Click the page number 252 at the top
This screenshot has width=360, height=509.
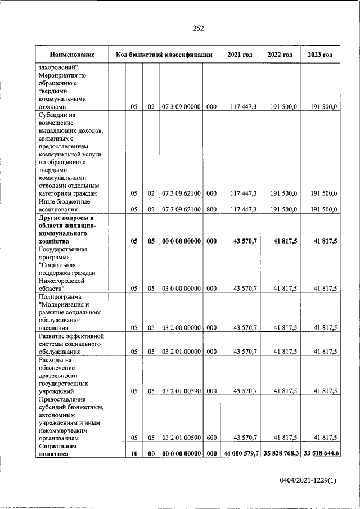[198, 29]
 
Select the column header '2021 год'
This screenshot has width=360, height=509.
[240, 55]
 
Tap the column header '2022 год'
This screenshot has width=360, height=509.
[280, 55]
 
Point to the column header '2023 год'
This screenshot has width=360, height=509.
[321, 55]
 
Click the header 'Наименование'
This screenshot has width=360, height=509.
[71, 55]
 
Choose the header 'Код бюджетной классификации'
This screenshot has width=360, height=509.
[164, 55]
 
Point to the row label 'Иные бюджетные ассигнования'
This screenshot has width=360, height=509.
[64, 205]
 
